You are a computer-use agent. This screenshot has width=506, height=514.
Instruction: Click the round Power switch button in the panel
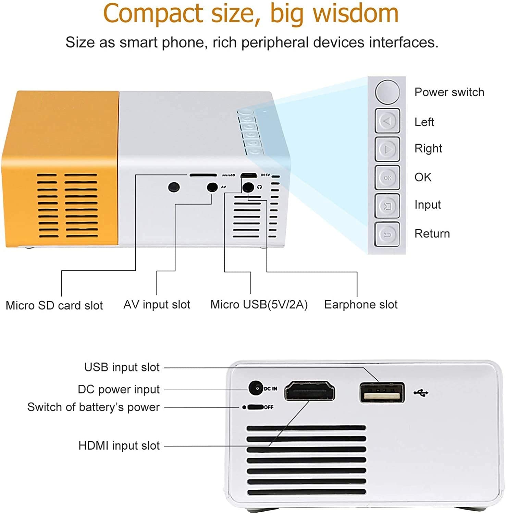click(x=387, y=92)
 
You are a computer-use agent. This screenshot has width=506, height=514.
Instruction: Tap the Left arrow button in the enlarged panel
click(x=387, y=121)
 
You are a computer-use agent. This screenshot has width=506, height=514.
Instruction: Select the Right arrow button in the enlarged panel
click(x=387, y=149)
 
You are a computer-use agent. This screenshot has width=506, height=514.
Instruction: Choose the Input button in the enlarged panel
click(x=387, y=206)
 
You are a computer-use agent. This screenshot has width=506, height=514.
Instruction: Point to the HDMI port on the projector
click(x=310, y=391)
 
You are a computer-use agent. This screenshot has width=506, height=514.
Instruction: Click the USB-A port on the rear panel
click(x=382, y=393)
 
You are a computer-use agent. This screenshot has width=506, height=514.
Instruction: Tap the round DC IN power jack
click(x=255, y=388)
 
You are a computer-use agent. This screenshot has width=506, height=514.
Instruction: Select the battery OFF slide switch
click(x=255, y=407)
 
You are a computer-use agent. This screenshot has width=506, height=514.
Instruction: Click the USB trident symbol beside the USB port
click(x=421, y=393)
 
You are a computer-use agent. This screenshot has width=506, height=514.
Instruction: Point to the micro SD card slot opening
click(x=203, y=175)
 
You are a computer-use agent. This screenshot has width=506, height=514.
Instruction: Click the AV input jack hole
click(x=212, y=187)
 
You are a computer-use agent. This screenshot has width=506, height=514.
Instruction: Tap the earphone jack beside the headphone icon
click(x=248, y=187)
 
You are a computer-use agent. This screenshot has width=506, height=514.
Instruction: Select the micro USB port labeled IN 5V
click(x=249, y=175)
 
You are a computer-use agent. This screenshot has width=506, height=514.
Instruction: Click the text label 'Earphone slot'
click(x=361, y=304)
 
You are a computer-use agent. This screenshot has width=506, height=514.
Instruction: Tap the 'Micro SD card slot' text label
click(x=54, y=305)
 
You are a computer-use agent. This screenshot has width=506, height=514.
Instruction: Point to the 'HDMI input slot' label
click(x=119, y=445)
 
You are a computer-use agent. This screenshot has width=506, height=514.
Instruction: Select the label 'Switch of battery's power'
click(x=94, y=407)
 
